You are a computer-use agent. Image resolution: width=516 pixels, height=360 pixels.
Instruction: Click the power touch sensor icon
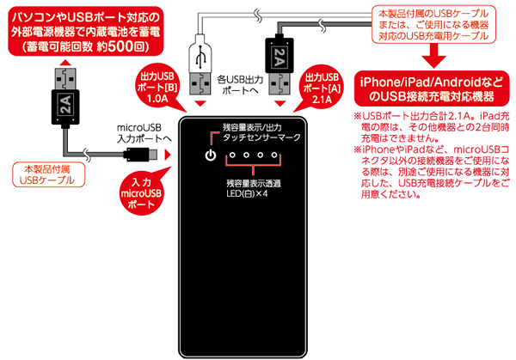pyautogui.click(x=209, y=156)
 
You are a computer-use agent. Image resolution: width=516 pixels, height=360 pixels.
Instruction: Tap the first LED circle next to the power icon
pyautogui.click(x=230, y=156)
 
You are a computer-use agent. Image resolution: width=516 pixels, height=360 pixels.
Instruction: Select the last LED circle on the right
pyautogui.click(x=277, y=156)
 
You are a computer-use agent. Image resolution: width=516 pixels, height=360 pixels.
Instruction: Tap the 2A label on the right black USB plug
pyautogui.click(x=279, y=58)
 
